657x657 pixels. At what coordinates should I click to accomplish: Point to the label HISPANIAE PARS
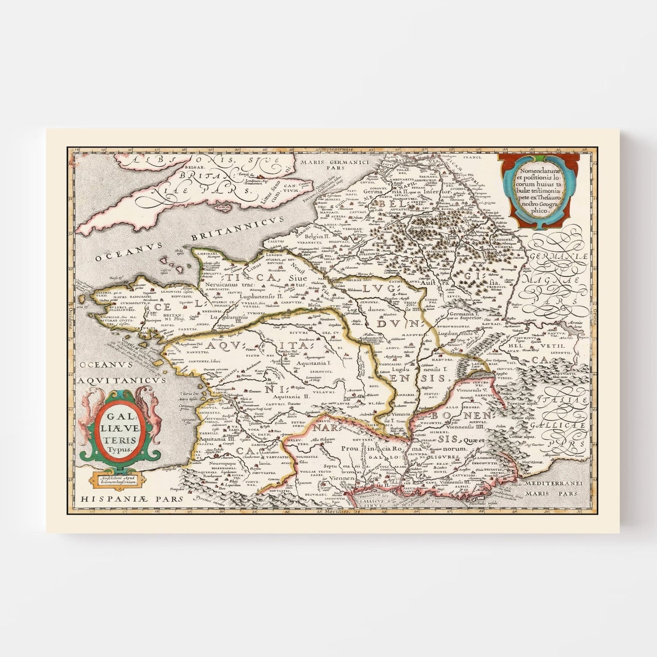pos(132,498)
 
